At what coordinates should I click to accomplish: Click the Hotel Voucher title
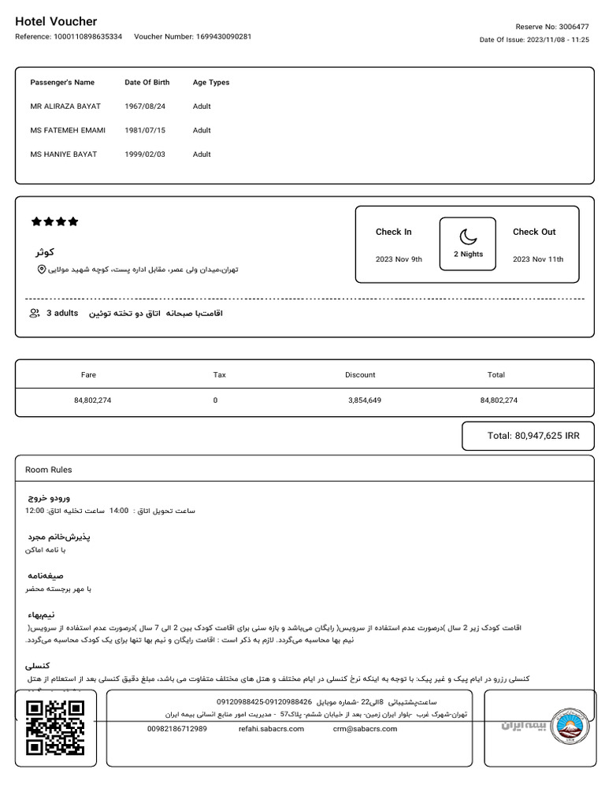56,22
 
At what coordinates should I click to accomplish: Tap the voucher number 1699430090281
193,37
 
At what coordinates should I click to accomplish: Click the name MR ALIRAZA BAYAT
65,106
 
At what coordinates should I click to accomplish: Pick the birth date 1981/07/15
145,130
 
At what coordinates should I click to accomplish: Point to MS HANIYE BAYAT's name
64,154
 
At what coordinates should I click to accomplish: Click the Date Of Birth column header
147,82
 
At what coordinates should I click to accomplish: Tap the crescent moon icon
468,236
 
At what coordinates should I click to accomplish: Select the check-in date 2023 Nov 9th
399,259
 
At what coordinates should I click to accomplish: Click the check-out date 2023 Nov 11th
538,259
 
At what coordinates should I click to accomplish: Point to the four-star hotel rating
54,222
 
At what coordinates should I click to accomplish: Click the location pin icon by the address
42,270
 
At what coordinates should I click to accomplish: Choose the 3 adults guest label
60,314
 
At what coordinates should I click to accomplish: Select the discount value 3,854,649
365,400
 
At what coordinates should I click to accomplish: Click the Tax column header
220,375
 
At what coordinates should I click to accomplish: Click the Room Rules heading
49,470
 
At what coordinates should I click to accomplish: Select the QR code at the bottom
55,727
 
